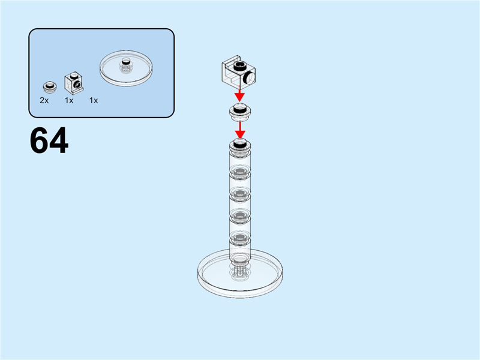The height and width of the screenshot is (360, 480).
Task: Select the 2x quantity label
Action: point(44,100)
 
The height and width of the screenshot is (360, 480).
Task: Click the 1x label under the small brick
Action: point(69,100)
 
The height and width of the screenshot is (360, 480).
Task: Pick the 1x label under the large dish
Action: point(94,100)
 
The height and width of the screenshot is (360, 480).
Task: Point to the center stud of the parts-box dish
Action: point(126,62)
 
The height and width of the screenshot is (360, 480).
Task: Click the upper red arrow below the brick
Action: point(240,95)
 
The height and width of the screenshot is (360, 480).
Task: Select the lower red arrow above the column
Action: point(240,128)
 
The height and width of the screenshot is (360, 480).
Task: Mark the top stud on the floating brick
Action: point(239,64)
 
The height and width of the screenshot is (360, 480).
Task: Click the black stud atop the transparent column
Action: point(240,143)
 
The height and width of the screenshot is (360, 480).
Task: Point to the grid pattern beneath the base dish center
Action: point(240,271)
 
